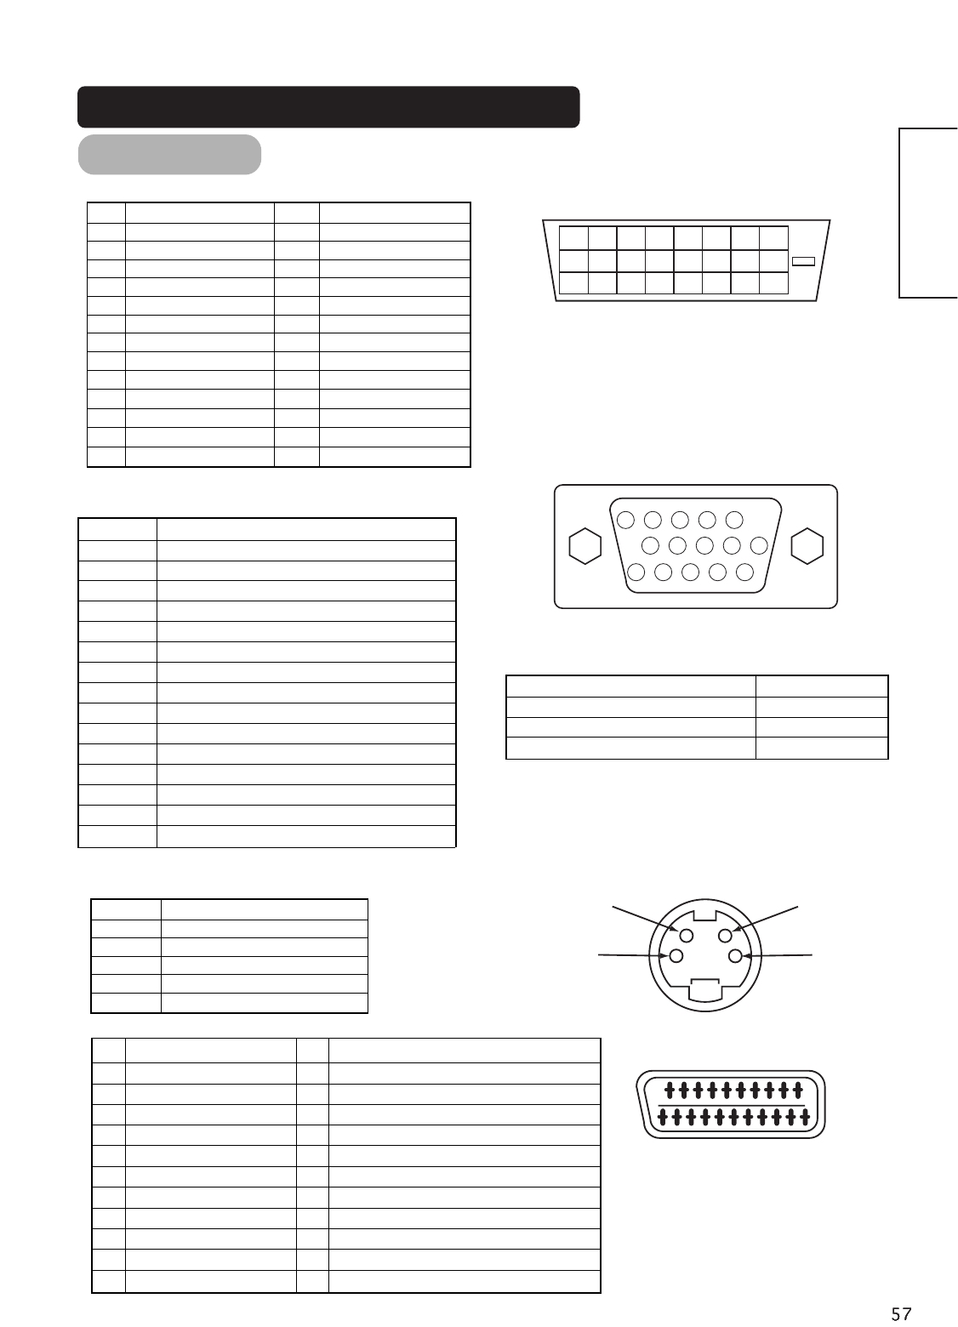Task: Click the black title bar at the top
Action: click(328, 106)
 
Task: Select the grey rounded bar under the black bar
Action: click(169, 154)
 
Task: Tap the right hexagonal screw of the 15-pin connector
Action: click(807, 546)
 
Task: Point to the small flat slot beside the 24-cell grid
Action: click(803, 261)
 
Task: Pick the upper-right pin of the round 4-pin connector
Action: click(726, 935)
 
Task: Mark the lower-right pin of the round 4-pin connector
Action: click(735, 955)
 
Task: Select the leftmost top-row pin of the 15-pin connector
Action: click(624, 519)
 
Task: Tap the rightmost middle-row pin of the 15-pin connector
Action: click(759, 545)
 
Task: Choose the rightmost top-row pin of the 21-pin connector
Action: click(797, 1089)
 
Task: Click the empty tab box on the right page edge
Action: click(929, 213)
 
